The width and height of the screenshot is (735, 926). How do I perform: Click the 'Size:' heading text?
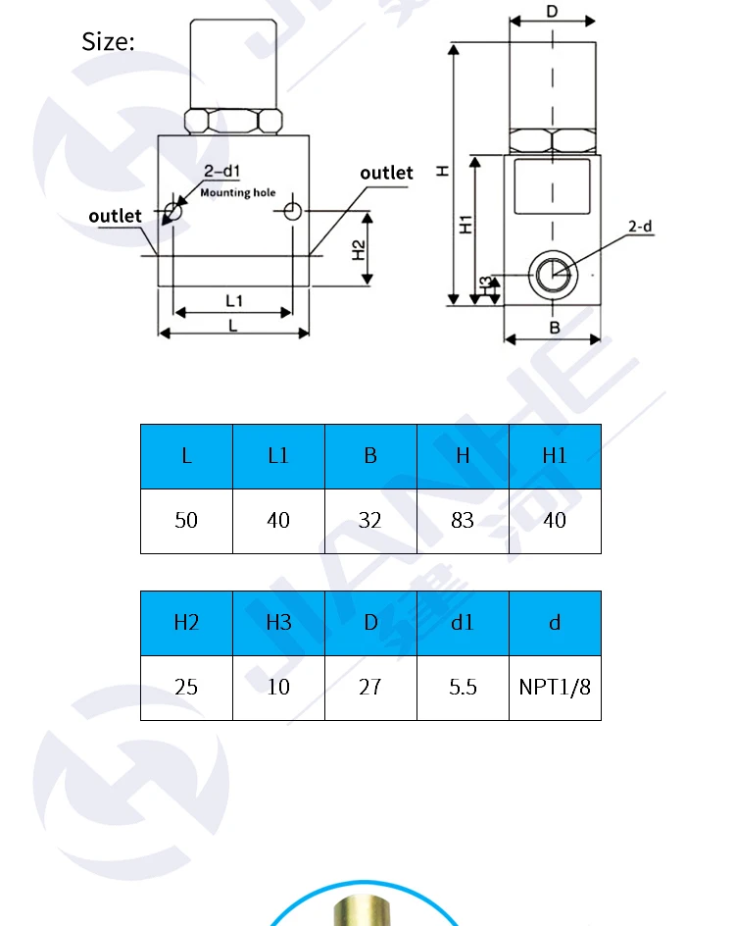108,42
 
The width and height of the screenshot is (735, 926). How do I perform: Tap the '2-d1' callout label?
221,172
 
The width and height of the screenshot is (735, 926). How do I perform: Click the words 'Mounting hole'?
238,192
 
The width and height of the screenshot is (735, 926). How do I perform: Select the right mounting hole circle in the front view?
293,211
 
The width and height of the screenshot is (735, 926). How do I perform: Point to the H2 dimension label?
358,250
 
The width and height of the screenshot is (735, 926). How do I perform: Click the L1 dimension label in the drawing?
234,301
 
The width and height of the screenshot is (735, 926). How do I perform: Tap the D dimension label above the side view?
552,11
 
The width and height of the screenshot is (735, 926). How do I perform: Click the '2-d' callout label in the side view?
640,227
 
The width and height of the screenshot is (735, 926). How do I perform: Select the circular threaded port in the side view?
553,276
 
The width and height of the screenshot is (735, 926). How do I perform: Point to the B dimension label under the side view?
555,328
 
